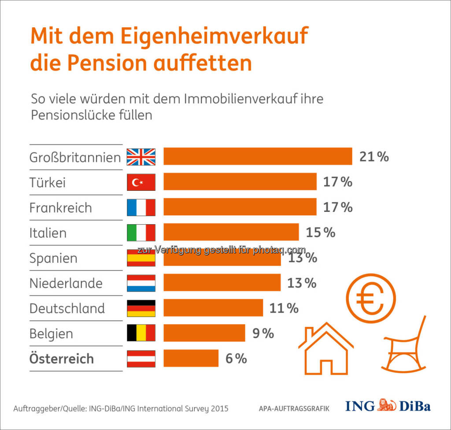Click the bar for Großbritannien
pos(258,156)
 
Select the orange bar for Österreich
pos(191,358)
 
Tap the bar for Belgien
pos(204,333)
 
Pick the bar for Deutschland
pos(213,308)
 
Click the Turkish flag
pos(141,182)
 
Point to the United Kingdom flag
pos(141,156)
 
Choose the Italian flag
pos(141,232)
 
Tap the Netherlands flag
pos(141,283)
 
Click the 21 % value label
pos(374,156)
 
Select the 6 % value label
pos(236,359)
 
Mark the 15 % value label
pos(321,232)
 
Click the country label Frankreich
pos(61,208)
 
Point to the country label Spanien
pos(53,258)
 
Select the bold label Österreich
pos(62,359)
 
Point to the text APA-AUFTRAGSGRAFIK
pos(294,408)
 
